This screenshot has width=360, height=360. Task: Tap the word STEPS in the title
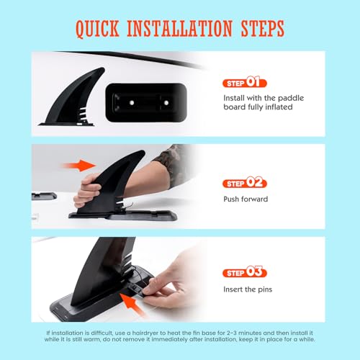coord(260,29)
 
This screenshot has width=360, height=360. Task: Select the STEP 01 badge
coord(246,83)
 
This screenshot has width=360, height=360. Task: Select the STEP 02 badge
coord(246,184)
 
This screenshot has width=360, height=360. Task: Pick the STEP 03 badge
coord(246,273)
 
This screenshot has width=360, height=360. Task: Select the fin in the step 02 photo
coord(115,180)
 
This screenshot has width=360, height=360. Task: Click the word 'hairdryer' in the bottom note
coord(157,334)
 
